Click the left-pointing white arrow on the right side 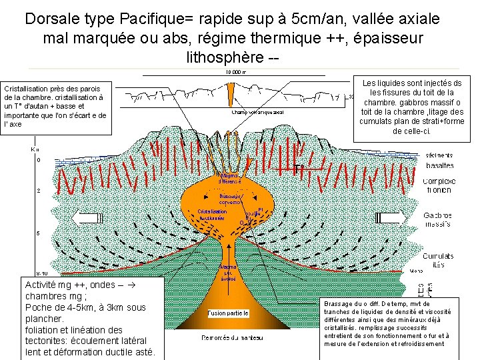tap(393, 219)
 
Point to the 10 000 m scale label tap(235, 72)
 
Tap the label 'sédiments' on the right tap(439, 155)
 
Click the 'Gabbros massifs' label tap(438, 219)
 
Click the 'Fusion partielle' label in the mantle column tap(228, 313)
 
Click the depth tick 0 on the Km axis tap(38, 160)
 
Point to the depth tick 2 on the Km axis tap(38, 191)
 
